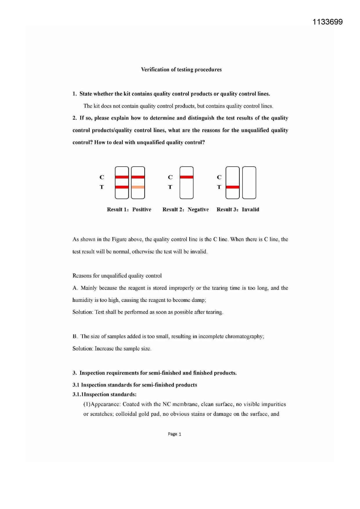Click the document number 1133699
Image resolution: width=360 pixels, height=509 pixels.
point(328,22)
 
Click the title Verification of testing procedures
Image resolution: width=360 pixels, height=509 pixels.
point(181,70)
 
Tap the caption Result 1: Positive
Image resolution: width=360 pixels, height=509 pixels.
point(129,210)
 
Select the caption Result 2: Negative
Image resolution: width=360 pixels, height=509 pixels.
point(185,210)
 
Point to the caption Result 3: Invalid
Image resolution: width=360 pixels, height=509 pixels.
point(238,210)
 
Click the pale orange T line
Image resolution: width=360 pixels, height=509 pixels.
point(138,187)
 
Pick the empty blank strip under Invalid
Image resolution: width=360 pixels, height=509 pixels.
point(249,183)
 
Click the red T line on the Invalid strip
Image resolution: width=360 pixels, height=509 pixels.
point(232,187)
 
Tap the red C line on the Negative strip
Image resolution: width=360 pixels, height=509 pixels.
point(187,177)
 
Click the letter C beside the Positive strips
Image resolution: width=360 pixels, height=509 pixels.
point(102,177)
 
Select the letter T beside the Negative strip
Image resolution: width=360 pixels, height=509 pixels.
point(170,187)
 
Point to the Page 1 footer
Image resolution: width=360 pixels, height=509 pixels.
point(174,434)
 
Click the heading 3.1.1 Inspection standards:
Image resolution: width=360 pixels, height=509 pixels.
point(104,394)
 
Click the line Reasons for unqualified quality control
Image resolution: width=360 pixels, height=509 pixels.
point(117,276)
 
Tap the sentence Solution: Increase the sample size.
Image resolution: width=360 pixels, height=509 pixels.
point(112,349)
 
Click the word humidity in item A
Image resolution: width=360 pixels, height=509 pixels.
point(83,300)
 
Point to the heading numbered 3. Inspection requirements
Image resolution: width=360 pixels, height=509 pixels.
point(155,373)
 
